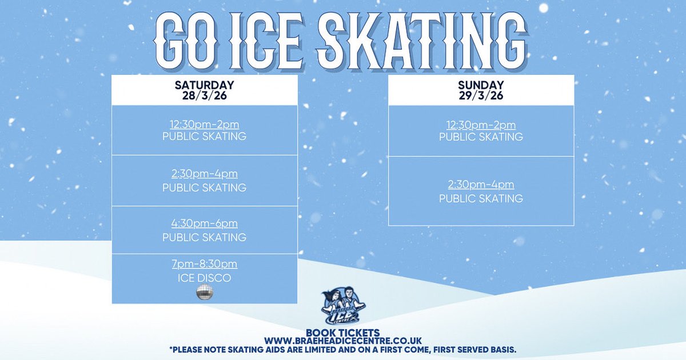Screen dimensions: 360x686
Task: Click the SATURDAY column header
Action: (x=204, y=85)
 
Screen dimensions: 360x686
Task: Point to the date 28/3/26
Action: (x=204, y=95)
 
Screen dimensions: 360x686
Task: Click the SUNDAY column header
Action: (x=481, y=85)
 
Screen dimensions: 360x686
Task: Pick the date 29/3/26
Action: (x=481, y=95)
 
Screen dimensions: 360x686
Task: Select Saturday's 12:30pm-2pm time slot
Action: (x=204, y=125)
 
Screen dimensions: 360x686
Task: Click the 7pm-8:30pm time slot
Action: (x=204, y=265)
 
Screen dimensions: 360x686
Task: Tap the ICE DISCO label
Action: (x=204, y=278)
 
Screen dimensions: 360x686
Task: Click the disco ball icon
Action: (x=204, y=292)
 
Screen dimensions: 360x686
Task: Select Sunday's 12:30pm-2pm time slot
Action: (x=481, y=125)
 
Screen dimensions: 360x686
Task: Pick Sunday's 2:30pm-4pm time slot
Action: (x=481, y=185)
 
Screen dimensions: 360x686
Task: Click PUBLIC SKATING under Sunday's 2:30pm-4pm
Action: (x=481, y=199)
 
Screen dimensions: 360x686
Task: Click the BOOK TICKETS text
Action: (x=342, y=333)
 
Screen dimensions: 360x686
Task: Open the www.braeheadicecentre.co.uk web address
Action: (x=342, y=341)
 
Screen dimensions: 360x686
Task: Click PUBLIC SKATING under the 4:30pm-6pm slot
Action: (x=204, y=237)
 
